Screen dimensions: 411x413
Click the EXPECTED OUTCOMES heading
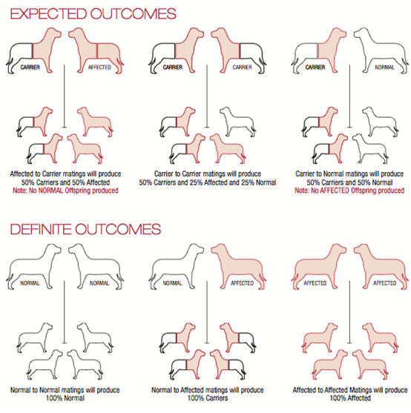[93, 14]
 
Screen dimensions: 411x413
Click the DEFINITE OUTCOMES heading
[85, 229]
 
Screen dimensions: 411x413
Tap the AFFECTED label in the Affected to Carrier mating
[99, 67]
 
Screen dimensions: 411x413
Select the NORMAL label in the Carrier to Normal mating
[384, 67]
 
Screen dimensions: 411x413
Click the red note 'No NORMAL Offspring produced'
[73, 191]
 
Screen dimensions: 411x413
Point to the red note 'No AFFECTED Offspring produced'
[358, 191]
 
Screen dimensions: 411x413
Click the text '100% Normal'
[65, 397]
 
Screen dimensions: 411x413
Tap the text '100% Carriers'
[208, 397]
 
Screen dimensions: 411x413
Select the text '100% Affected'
[350, 397]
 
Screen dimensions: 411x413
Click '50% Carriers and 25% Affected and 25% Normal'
[208, 182]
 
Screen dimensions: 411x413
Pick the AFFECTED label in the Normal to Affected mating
[242, 283]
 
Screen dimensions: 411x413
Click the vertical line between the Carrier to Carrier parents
[207, 96]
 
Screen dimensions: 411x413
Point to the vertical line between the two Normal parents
[65, 312]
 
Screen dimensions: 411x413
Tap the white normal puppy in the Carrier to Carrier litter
[237, 122]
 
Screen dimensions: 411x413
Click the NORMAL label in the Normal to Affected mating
[173, 283]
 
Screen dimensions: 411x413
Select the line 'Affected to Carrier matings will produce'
[65, 174]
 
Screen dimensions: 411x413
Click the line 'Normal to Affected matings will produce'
[208, 390]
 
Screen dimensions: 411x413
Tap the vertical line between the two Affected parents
[349, 312]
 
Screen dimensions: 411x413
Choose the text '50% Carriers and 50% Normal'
[349, 182]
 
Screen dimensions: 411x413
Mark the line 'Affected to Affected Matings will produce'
[350, 390]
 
